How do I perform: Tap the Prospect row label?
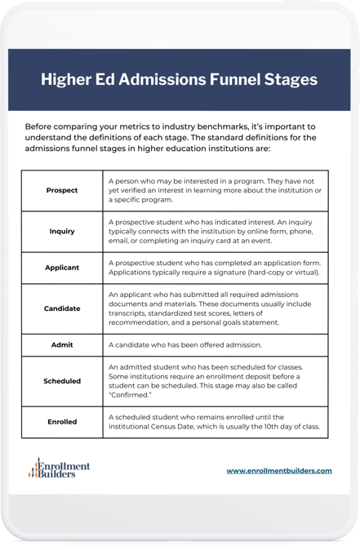63,190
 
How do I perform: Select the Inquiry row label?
63,232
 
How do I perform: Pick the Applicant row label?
63,267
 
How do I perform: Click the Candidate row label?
63,308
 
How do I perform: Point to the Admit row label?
63,345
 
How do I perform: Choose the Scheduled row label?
63,381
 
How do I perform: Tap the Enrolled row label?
63,422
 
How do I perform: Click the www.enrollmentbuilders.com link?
279,471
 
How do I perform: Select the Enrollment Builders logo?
59,468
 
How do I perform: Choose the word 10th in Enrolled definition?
279,427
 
